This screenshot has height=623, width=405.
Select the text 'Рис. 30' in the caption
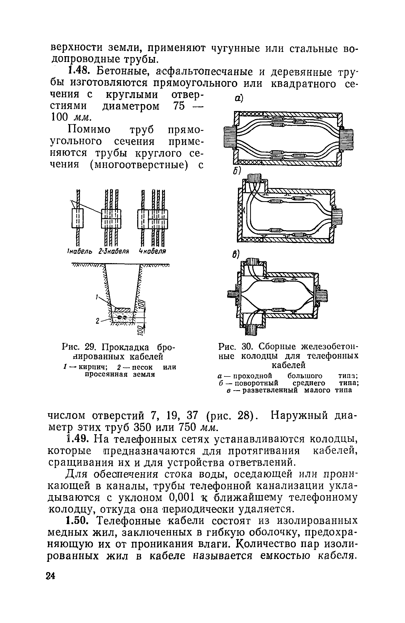[x=235, y=346]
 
